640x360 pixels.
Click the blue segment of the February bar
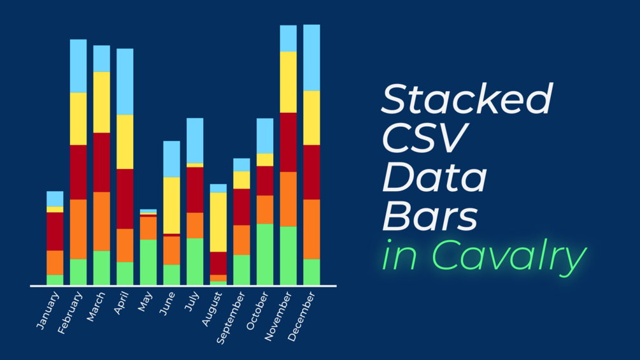point(78,66)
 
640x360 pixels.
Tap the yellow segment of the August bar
point(218,222)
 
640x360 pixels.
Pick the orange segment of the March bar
point(102,221)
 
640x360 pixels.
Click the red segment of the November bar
point(288,142)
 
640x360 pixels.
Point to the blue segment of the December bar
point(311,57)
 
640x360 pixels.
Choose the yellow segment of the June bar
point(171,205)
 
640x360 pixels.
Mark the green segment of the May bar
point(148,262)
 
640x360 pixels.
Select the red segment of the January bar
point(55,231)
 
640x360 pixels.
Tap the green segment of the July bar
point(195,261)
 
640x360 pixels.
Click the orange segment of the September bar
point(241,240)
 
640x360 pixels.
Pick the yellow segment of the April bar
point(125,141)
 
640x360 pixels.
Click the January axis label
point(48,310)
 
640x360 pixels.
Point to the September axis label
point(231,318)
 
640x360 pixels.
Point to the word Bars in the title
point(430,217)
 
